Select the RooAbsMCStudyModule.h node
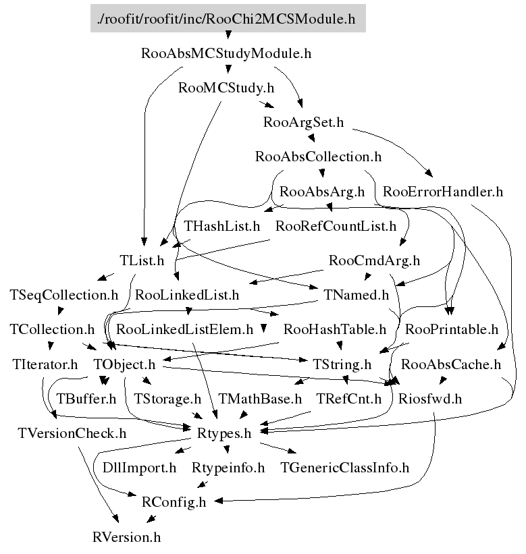tap(226, 53)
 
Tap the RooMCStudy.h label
tap(226, 88)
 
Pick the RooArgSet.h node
tap(304, 122)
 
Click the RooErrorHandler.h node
tap(442, 192)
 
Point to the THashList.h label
tap(222, 226)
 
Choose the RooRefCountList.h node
tap(336, 226)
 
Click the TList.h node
tap(142, 260)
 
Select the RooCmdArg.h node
tap(374, 260)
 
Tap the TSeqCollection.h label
tap(64, 295)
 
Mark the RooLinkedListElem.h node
tap(185, 330)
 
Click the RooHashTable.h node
tap(335, 330)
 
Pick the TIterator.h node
tap(45, 365)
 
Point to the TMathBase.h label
tap(260, 399)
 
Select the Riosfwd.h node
tap(429, 399)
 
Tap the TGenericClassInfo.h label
tap(344, 468)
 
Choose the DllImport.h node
tap(140, 468)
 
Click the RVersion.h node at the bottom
tap(127, 538)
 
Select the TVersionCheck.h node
tap(72, 434)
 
